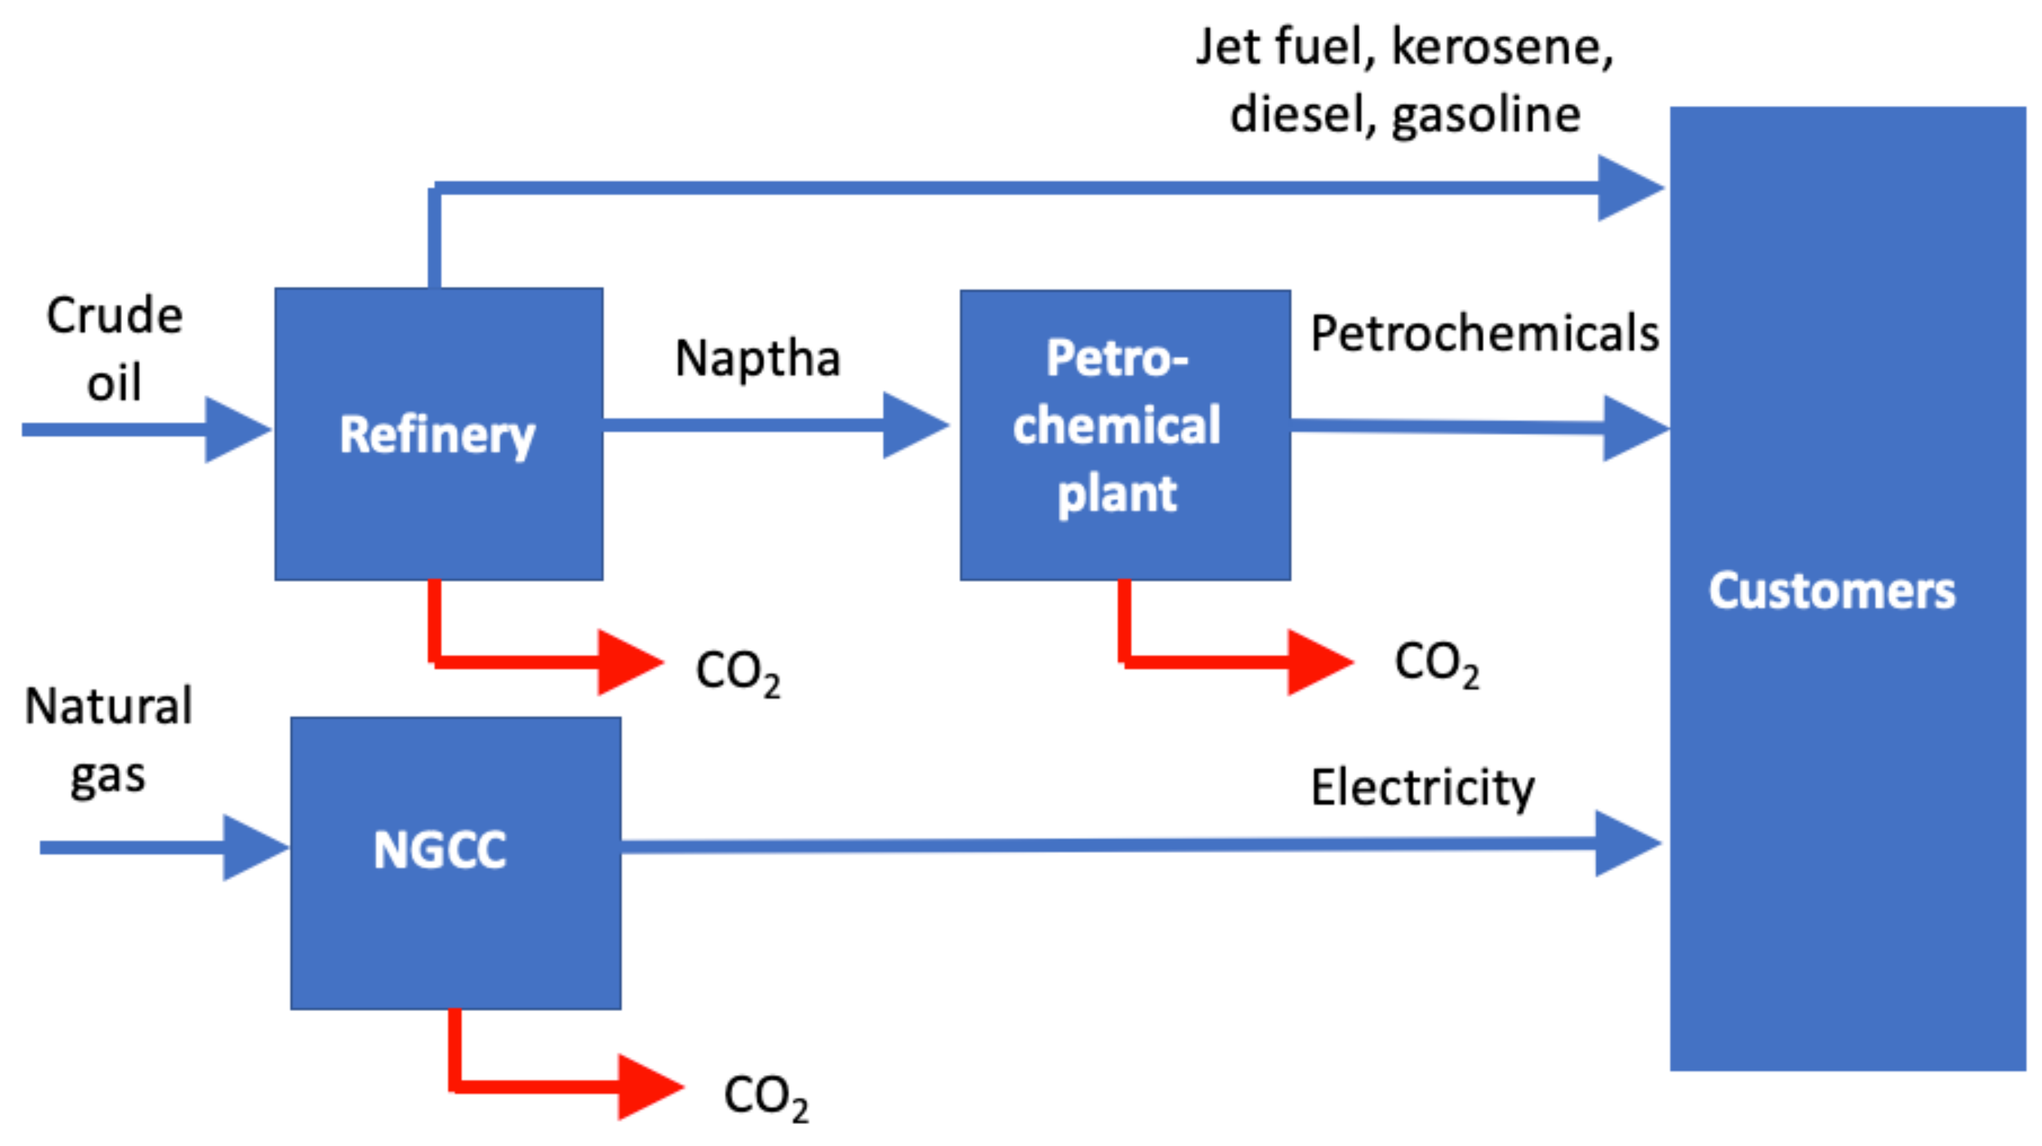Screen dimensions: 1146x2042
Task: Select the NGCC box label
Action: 439,850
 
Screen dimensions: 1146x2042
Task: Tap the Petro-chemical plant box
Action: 1124,434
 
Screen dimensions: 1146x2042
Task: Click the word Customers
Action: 1831,591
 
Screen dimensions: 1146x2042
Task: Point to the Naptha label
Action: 757,358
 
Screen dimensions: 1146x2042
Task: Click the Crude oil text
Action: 115,348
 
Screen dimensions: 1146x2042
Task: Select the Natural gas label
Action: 108,739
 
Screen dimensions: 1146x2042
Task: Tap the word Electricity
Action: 1422,788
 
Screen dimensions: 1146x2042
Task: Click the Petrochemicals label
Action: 1484,333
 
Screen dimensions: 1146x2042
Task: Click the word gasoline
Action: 1486,115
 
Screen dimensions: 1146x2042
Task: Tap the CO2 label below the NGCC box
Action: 765,1097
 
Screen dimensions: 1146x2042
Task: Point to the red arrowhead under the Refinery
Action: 627,662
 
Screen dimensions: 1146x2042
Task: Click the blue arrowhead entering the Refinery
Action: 236,430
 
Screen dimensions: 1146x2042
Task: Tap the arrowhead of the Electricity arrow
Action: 1625,843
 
